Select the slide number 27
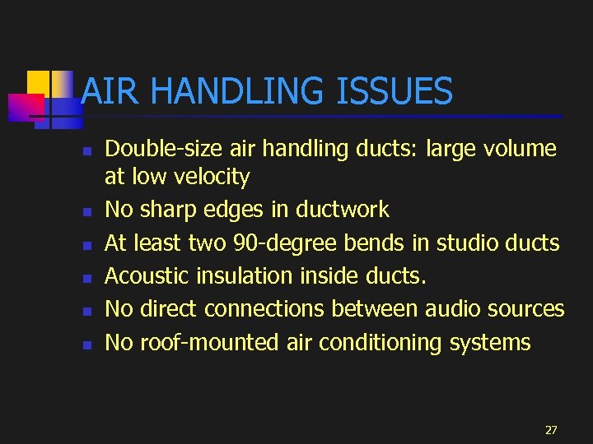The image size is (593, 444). click(551, 430)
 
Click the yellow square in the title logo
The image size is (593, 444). click(39, 83)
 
